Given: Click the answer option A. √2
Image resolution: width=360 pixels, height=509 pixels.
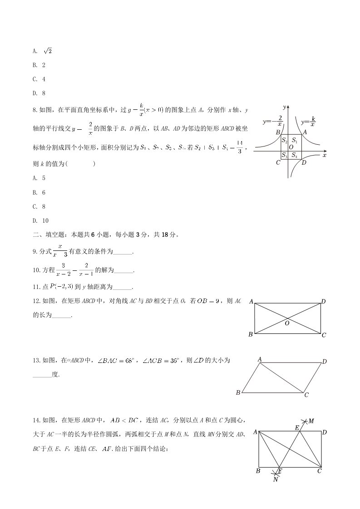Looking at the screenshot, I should (42, 51).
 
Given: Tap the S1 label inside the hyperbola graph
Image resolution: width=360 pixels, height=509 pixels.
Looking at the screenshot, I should (295, 140).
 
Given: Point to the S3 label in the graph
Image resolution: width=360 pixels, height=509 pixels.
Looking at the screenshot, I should (284, 155).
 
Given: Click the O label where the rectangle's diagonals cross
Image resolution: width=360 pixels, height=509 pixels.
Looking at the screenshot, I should (287, 323).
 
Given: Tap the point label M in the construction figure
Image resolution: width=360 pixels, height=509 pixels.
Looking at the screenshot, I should (311, 421).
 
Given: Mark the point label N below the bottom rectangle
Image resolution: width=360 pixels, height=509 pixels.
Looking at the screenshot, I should (276, 480).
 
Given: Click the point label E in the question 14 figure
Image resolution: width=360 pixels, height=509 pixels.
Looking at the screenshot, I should (297, 428).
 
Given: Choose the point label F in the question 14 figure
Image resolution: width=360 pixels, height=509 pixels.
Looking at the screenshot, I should (280, 471).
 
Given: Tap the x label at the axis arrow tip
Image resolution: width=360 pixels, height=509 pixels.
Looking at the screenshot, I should (325, 155).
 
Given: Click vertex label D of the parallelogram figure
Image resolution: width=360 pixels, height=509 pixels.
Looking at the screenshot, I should (324, 362).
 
